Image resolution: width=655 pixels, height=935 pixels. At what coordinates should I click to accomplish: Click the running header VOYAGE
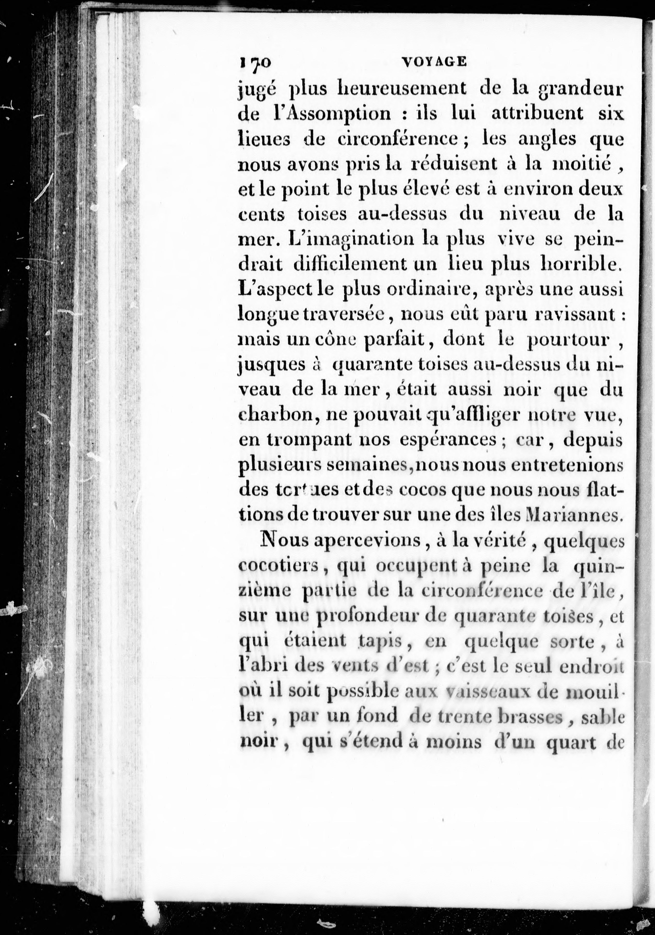434,62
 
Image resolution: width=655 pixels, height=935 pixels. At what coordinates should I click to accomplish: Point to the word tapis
379,642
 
